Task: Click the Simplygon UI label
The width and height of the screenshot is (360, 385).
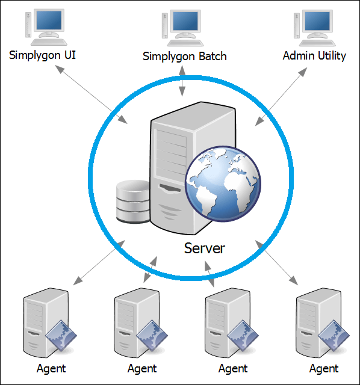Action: pos(46,55)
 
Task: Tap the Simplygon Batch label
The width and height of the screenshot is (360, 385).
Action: pos(184,56)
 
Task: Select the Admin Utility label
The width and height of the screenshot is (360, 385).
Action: pos(314,55)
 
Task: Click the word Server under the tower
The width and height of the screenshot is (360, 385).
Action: pos(204,248)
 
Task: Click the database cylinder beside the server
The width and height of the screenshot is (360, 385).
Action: pos(132,202)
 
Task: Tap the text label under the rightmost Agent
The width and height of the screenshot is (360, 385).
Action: pos(324,368)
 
